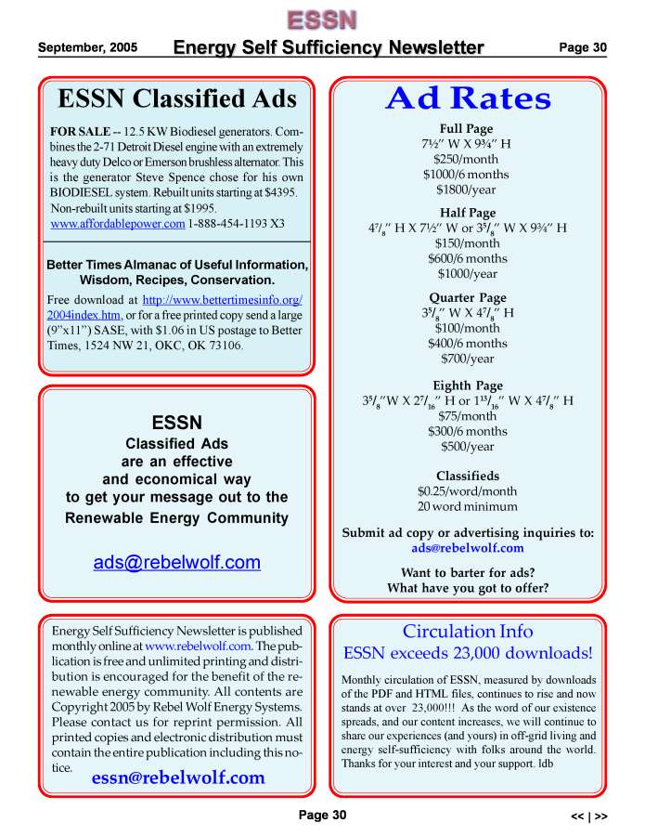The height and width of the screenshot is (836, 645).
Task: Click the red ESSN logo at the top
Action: pos(321,19)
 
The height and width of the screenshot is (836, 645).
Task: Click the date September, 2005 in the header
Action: pos(87,47)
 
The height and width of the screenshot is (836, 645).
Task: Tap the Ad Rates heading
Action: pos(468,98)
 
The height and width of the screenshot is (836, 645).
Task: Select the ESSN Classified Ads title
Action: pos(177,99)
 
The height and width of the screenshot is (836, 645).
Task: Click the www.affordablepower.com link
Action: pos(118,224)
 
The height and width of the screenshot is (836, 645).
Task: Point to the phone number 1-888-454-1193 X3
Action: pos(237,224)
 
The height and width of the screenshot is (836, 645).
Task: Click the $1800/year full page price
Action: pos(467,190)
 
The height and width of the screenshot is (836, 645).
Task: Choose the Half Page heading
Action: pos(467,213)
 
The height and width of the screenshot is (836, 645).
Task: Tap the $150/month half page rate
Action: pos(467,243)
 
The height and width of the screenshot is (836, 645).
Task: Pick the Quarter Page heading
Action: pos(467,297)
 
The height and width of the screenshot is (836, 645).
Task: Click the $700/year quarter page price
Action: pos(467,359)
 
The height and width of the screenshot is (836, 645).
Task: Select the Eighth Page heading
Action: pos(467,385)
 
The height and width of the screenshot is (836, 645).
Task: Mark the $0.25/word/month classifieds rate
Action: pos(467,491)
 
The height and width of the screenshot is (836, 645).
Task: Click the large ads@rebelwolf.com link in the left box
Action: pos(177,562)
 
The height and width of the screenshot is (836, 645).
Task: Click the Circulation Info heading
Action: pos(467,632)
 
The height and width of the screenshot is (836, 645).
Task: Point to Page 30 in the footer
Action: pos(321,816)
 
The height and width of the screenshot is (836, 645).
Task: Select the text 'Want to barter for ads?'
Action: pos(467,572)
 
